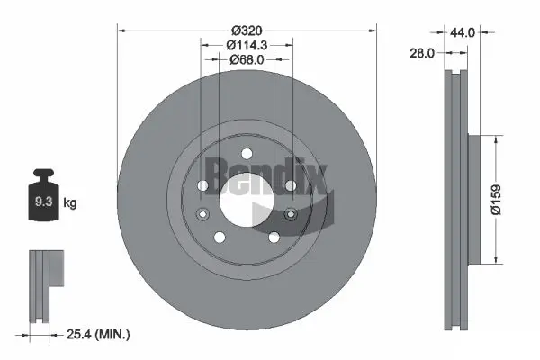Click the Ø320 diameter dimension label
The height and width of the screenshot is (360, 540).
point(247,31)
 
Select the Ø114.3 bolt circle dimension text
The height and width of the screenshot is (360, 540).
point(247,45)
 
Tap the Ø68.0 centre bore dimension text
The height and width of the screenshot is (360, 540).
point(247,59)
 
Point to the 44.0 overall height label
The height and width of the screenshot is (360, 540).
point(463,32)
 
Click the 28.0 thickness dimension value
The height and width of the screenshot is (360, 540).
point(422,53)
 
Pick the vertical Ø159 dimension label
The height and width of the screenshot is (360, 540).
point(496,200)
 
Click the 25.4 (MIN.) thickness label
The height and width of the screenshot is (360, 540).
point(98,334)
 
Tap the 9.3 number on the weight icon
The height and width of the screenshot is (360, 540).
point(44,202)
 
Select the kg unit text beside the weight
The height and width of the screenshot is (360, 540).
point(70,202)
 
